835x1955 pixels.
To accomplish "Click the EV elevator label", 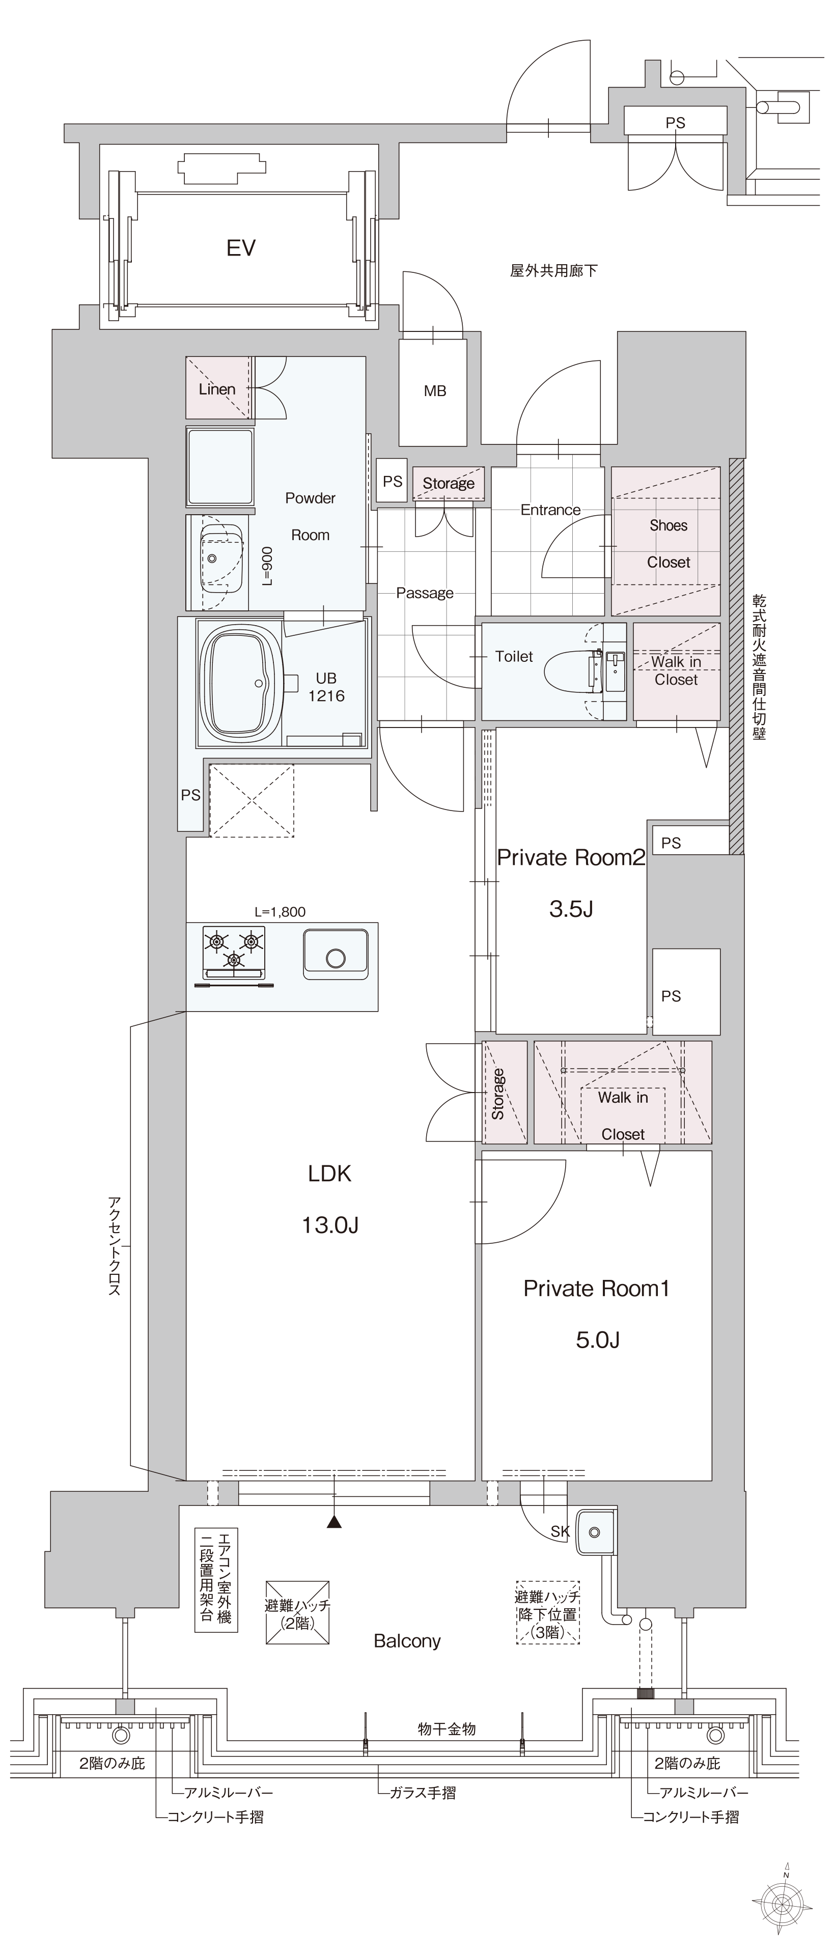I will tap(241, 248).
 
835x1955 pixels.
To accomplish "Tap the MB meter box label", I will tap(435, 391).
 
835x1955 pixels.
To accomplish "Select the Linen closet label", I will tap(217, 389).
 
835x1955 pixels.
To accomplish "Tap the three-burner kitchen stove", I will tap(234, 953).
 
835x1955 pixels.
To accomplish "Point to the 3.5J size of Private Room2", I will tap(571, 909).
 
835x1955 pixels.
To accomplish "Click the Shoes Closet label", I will tap(668, 543).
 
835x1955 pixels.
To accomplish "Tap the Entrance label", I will tap(550, 510).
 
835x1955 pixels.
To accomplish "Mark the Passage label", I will tap(424, 593).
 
